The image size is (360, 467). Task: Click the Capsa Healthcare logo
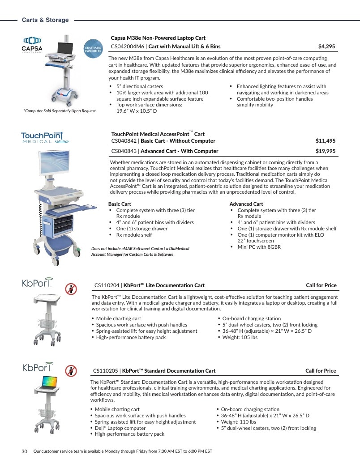pyautogui.click(x=32, y=45)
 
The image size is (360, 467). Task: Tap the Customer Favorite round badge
pyautogui.click(x=93, y=49)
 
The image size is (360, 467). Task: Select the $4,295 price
pyautogui.click(x=326, y=47)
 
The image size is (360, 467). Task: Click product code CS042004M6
pyautogui.click(x=127, y=47)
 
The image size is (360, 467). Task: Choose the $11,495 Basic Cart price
pyautogui.click(x=326, y=141)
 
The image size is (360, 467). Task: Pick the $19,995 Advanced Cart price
pyautogui.click(x=326, y=151)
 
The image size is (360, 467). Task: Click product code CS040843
pyautogui.click(x=124, y=151)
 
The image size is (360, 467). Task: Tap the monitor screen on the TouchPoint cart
pyautogui.click(x=54, y=163)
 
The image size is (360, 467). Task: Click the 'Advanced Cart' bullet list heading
pyautogui.click(x=246, y=204)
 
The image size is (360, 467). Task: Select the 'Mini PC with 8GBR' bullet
pyautogui.click(x=259, y=247)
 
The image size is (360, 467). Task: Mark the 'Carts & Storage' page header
pyautogui.click(x=45, y=20)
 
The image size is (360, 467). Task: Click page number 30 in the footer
pyautogui.click(x=25, y=451)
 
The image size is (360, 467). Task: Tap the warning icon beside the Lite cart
pyautogui.click(x=71, y=289)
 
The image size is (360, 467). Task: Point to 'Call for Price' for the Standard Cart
pyautogui.click(x=321, y=371)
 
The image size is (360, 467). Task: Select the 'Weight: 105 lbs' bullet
pyautogui.click(x=240, y=337)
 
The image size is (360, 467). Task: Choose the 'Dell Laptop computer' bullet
pyautogui.click(x=120, y=428)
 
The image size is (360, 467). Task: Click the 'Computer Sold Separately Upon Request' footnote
pyautogui.click(x=60, y=111)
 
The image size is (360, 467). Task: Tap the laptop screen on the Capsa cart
pyautogui.click(x=65, y=49)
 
